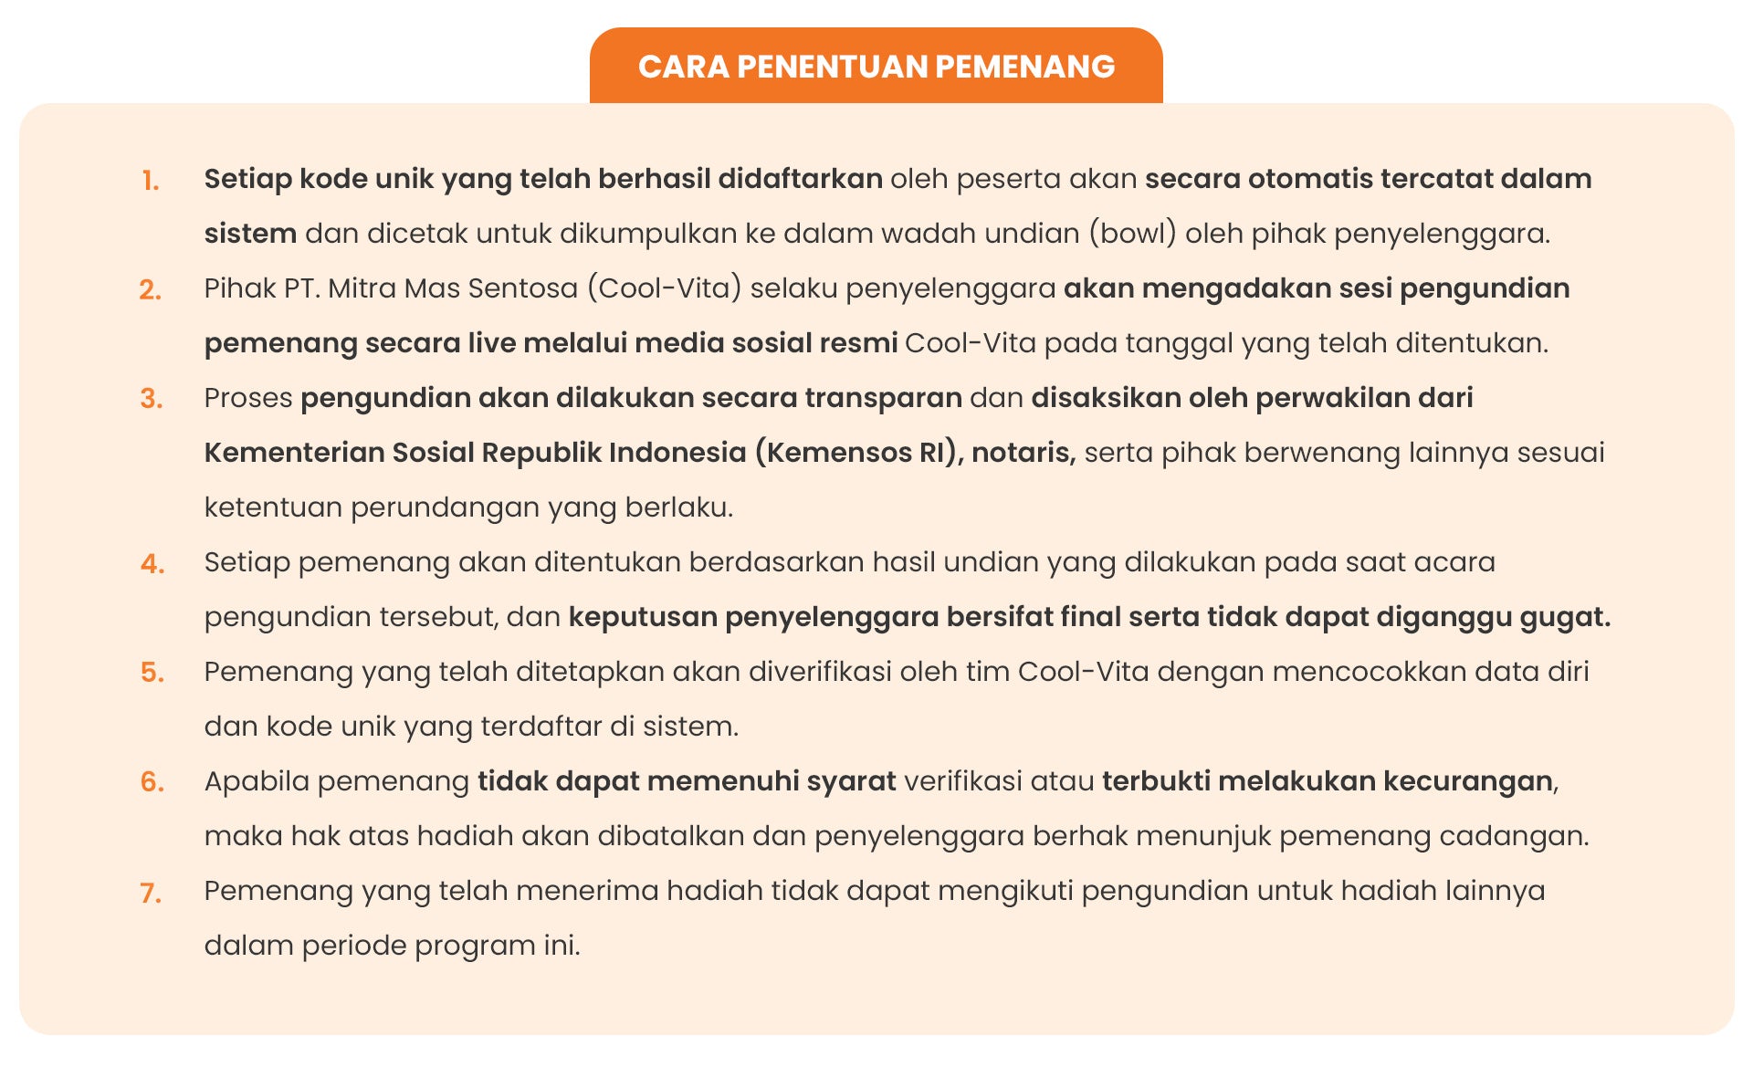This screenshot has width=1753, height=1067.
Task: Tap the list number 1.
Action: pos(151,181)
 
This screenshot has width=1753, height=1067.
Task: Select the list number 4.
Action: pos(152,564)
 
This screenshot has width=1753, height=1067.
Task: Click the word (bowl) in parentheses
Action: pos(1132,234)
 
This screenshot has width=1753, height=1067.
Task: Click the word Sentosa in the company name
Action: pos(530,288)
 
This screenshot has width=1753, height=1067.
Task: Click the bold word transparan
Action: pos(883,398)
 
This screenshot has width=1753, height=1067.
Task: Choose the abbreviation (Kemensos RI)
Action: pos(859,453)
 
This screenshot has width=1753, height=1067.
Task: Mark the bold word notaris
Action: pos(1023,453)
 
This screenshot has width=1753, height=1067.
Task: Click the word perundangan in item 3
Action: pos(445,507)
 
